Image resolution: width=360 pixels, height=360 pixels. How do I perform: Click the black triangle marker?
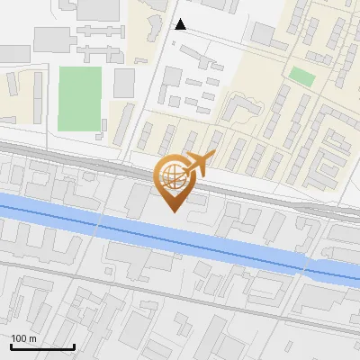pyautogui.click(x=180, y=24)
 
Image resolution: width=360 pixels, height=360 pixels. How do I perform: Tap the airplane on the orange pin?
pyautogui.click(x=197, y=164)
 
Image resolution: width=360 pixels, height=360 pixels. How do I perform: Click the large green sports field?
pyautogui.click(x=80, y=97)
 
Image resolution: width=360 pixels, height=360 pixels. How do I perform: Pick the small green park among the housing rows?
pyautogui.click(x=302, y=77)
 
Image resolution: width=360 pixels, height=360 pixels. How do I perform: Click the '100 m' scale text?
pyautogui.click(x=24, y=338)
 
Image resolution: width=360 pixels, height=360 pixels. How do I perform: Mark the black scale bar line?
pyautogui.click(x=42, y=346)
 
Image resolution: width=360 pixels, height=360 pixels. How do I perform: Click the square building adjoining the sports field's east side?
pyautogui.click(x=124, y=83)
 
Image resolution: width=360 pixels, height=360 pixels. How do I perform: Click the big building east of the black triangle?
pyautogui.click(x=263, y=33)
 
